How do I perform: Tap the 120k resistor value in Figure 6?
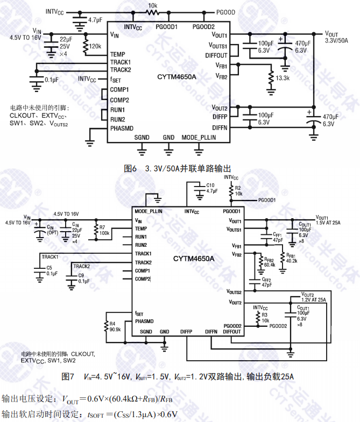(x=95, y=47)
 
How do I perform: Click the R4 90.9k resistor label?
(x=115, y=327)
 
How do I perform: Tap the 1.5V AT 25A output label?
(x=329, y=221)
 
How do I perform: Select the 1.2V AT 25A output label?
(x=314, y=299)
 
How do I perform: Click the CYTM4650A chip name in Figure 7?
(x=194, y=259)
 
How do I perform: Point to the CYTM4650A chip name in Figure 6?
(x=177, y=77)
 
